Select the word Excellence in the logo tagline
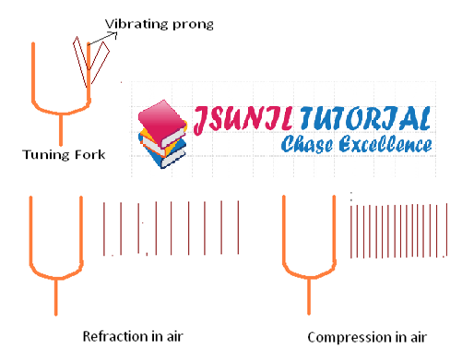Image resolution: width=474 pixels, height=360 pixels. click(x=386, y=145)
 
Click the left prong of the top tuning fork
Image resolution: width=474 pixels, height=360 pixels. click(x=34, y=69)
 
